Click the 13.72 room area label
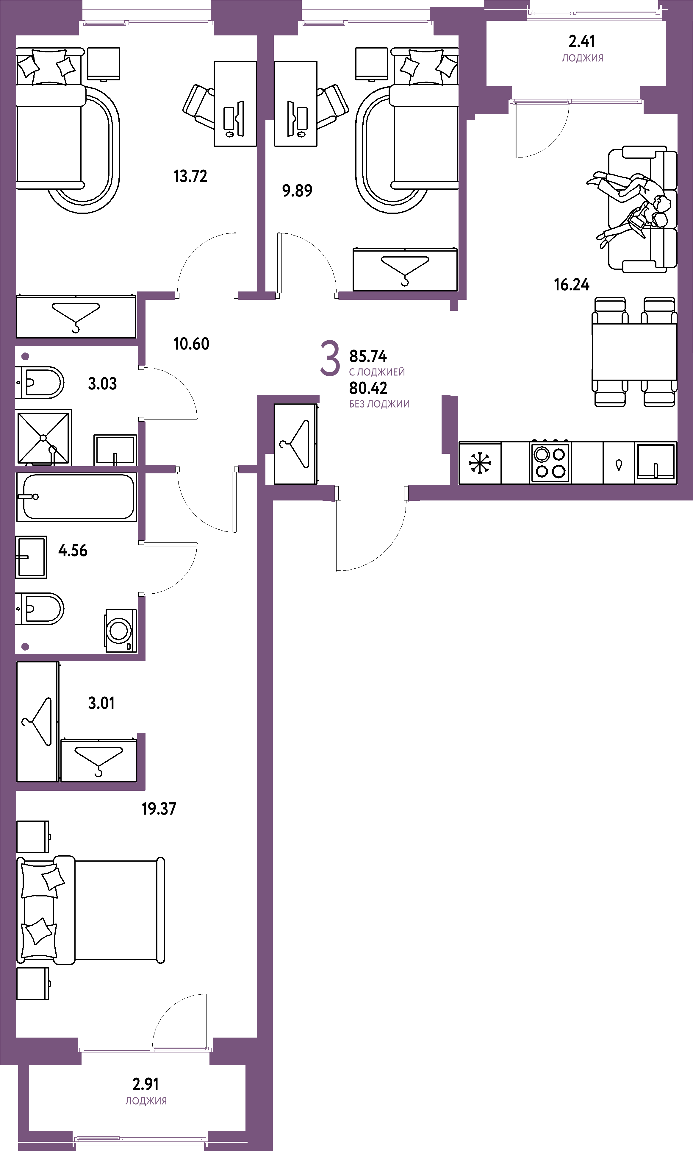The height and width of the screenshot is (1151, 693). tap(190, 176)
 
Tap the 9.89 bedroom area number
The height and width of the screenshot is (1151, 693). tap(297, 191)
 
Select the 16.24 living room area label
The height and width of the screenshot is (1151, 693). tap(572, 285)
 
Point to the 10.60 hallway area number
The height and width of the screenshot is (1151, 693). tap(191, 344)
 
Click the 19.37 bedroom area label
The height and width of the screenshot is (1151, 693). tap(159, 809)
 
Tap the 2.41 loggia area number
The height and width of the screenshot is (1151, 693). tap(582, 42)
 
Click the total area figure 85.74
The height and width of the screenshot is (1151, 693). tap(368, 356)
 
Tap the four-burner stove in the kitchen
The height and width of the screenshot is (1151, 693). tap(550, 462)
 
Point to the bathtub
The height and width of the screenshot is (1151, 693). tap(76, 497)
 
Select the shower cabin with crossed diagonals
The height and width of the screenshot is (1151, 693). tap(43, 438)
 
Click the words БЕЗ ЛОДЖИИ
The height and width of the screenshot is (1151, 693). tap(379, 404)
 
